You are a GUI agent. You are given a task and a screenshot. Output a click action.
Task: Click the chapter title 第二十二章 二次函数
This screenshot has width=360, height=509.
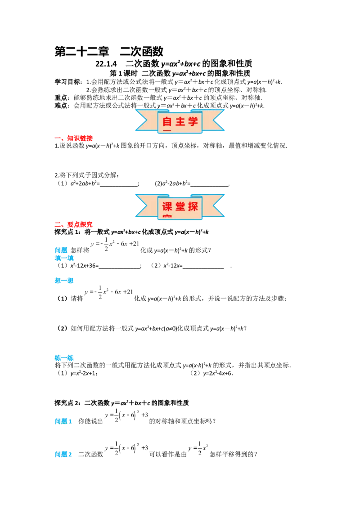(109, 51)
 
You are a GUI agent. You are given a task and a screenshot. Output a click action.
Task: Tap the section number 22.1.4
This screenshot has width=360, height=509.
(106, 64)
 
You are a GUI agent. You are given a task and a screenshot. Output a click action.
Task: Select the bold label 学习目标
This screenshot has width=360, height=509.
(67, 82)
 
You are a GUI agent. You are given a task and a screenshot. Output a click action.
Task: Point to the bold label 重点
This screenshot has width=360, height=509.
(61, 98)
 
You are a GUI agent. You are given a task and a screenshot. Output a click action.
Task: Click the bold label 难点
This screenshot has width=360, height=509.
(61, 106)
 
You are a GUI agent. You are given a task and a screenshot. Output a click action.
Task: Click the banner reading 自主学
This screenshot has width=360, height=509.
(180, 121)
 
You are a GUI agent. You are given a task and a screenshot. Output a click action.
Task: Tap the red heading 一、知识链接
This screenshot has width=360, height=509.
(73, 138)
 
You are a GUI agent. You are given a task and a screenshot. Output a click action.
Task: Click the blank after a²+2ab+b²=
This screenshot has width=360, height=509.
(119, 184)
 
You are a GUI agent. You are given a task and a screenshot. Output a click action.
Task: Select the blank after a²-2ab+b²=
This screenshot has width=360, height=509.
(210, 184)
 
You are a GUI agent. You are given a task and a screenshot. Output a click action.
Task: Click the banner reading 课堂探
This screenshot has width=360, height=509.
(180, 206)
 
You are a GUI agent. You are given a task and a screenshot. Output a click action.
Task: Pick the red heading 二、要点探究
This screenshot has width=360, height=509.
(73, 224)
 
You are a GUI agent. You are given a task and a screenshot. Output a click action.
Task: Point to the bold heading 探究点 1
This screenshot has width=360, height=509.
(67, 232)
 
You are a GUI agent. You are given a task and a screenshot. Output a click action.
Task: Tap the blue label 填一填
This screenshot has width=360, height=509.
(64, 258)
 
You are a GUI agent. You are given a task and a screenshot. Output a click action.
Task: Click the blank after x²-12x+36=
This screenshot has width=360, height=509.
(119, 266)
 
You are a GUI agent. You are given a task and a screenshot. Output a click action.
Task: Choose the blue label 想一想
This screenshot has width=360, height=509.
(64, 281)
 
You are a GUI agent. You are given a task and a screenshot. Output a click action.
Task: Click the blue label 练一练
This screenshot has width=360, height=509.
(64, 358)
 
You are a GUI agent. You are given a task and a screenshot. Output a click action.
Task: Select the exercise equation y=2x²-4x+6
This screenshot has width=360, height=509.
(217, 373)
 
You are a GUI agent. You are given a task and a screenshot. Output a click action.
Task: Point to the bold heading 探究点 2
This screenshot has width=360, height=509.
(67, 403)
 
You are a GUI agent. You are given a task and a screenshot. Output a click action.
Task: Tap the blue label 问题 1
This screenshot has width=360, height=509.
(63, 421)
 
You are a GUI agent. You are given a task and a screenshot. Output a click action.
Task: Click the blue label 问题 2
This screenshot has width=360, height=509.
(63, 454)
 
